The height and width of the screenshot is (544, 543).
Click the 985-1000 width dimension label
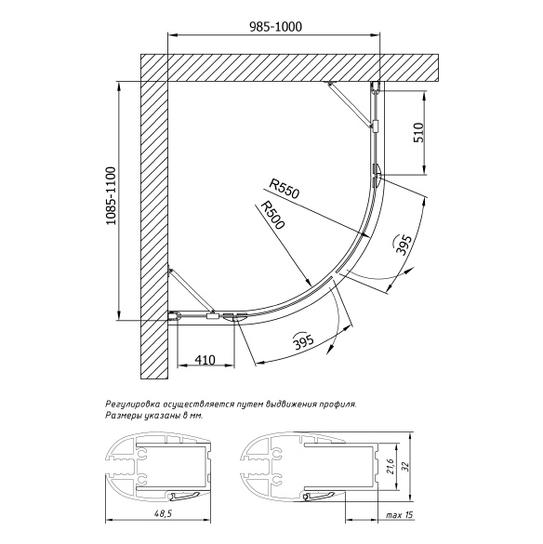tap(276, 27)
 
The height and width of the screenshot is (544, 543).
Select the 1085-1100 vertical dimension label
tap(112, 195)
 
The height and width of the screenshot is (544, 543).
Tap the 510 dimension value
tap(418, 133)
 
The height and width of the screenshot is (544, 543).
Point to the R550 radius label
tap(285, 189)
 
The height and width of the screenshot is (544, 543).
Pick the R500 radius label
tap(272, 215)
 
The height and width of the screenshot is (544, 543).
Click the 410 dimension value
tap(205, 360)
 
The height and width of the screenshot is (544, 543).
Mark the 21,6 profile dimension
tap(390, 466)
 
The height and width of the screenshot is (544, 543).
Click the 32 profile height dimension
tap(406, 466)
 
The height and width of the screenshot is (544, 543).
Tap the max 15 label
tap(400, 515)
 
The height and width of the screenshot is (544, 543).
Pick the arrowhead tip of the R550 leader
tap(368, 236)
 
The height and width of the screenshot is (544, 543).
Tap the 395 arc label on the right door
tap(404, 245)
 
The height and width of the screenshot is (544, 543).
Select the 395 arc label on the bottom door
tap(303, 341)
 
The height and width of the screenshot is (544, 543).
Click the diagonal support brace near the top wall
tap(351, 105)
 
